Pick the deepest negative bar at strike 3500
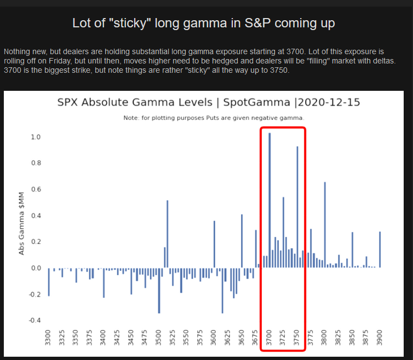click(159, 290)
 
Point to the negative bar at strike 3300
click(48, 282)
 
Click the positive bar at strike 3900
click(380, 249)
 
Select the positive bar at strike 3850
click(353, 249)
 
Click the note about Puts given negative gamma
click(214, 118)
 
